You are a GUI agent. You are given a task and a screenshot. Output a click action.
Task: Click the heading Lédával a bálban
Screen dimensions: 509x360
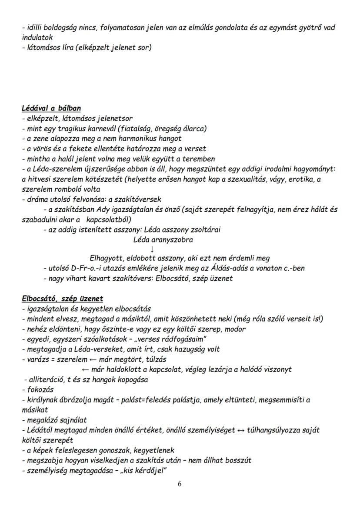tap(51, 108)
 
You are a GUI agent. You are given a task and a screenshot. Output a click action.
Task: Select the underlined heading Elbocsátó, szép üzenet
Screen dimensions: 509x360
tap(62, 299)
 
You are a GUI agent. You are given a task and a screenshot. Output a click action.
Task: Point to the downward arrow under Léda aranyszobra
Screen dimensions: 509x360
tap(152, 249)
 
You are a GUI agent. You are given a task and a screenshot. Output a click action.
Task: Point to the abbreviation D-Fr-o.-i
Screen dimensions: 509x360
tap(86, 268)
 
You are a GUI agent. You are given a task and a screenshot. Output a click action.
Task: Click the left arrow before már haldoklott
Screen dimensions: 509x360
tap(85, 369)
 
